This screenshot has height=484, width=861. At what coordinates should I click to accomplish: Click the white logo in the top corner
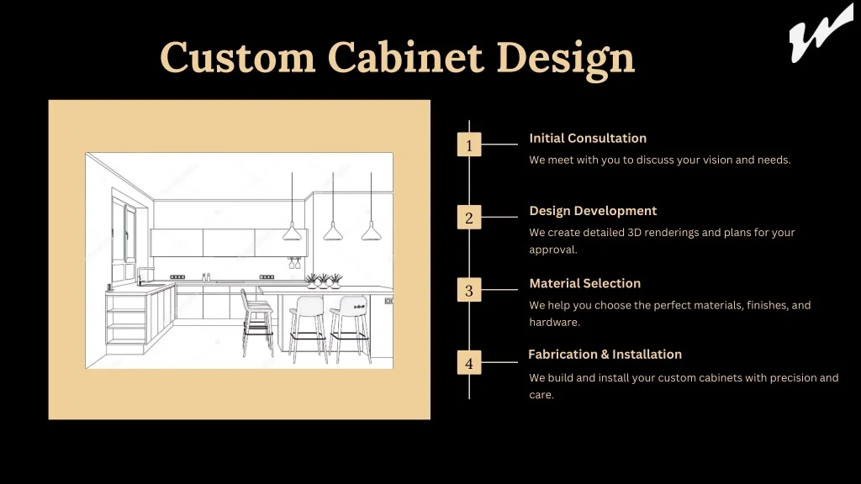click(821, 33)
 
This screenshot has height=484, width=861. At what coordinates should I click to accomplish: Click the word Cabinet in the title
click(406, 57)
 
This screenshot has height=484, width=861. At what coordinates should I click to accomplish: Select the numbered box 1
click(469, 145)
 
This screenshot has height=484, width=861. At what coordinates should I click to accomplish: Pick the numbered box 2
click(469, 218)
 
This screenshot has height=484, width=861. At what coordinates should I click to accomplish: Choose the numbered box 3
click(469, 290)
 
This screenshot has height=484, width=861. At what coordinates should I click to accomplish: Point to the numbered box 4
click(469, 363)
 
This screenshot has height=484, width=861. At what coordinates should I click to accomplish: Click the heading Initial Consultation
click(588, 139)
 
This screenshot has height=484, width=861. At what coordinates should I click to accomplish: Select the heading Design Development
click(593, 211)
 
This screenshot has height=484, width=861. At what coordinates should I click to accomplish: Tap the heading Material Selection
click(585, 284)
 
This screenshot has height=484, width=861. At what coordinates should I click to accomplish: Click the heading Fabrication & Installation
click(605, 355)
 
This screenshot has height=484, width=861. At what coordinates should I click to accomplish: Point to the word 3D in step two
click(634, 232)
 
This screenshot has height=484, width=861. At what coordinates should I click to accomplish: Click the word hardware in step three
click(554, 322)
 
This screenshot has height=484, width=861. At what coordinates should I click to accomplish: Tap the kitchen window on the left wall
click(124, 236)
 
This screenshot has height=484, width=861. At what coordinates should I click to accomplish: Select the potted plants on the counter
click(324, 281)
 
